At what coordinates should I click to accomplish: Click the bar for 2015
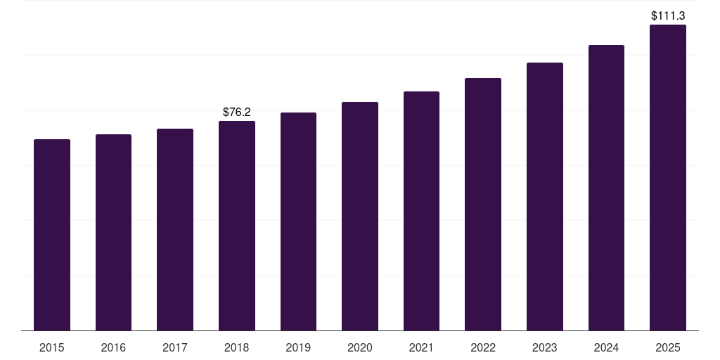click(52, 235)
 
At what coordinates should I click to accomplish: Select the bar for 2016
click(113, 232)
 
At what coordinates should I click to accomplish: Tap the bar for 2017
click(175, 229)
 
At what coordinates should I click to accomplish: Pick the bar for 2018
click(237, 226)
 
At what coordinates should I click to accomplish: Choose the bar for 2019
click(298, 221)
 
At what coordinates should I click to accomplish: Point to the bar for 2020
click(360, 216)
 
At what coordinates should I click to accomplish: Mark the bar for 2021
click(421, 211)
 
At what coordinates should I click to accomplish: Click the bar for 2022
click(483, 204)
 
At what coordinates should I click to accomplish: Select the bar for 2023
click(545, 196)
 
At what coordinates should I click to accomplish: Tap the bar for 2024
click(606, 188)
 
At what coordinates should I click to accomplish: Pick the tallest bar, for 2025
click(668, 177)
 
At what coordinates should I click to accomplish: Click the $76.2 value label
click(237, 112)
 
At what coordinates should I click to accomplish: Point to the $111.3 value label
click(668, 15)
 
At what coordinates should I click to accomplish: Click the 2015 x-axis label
click(52, 347)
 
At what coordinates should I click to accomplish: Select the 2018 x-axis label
click(237, 347)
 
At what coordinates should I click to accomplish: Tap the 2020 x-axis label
click(360, 347)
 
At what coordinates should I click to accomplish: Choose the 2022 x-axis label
click(483, 347)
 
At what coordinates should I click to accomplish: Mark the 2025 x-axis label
click(668, 347)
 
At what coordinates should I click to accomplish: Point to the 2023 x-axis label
click(545, 347)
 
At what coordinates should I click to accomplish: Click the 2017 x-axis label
click(175, 347)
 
